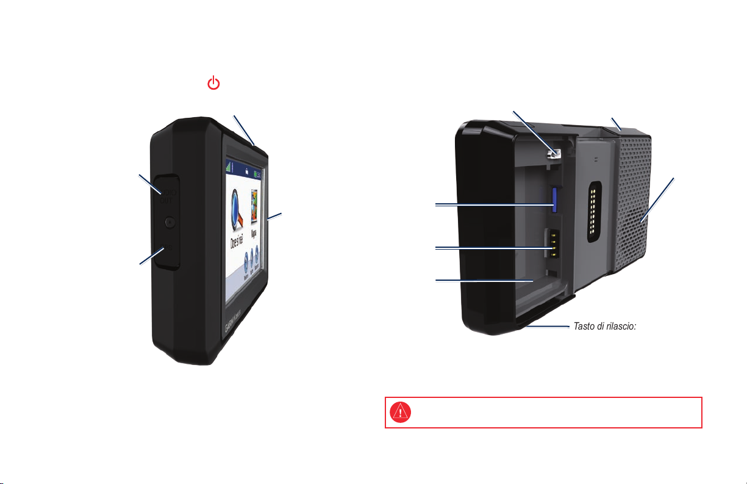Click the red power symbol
click(213, 84)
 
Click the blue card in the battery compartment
click(556, 199)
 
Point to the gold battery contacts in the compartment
click(551, 244)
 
